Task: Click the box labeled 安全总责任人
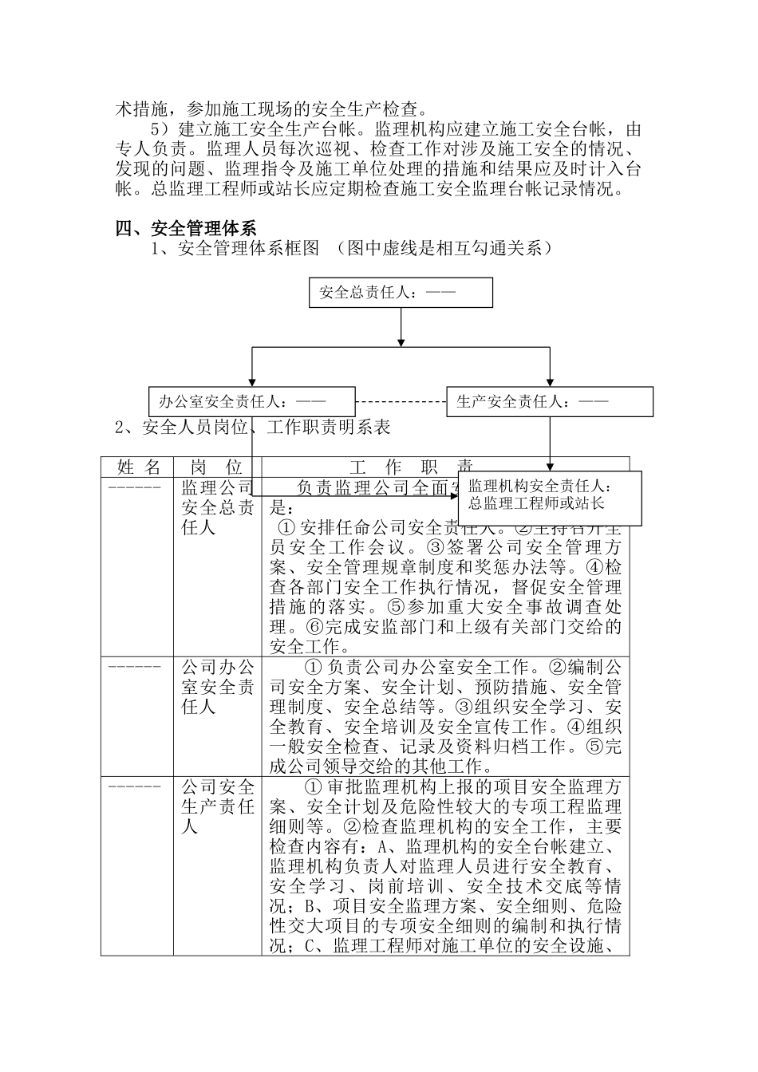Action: (x=401, y=293)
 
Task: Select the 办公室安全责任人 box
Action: (x=252, y=402)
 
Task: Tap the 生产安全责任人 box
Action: (x=550, y=402)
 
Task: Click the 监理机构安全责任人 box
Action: (x=550, y=495)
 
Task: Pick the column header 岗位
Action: (x=216, y=467)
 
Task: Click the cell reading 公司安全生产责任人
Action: (x=218, y=806)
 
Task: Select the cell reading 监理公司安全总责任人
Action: (x=216, y=507)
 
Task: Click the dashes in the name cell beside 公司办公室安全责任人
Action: (x=134, y=666)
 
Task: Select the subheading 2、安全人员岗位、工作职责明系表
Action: (x=252, y=428)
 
